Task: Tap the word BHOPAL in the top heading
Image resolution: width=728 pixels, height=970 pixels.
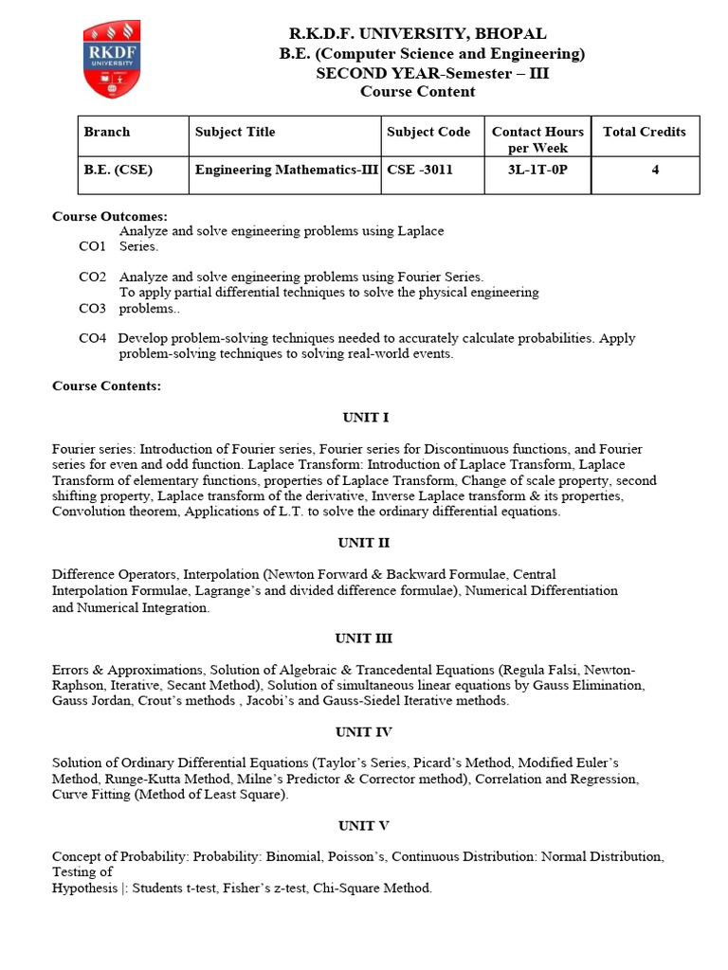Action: click(x=513, y=34)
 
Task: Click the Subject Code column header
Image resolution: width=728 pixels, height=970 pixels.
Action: click(x=428, y=132)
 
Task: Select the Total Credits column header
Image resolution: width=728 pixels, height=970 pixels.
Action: click(x=645, y=132)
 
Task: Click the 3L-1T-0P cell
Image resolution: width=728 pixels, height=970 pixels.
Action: click(x=537, y=171)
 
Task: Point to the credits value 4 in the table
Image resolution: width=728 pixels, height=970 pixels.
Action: click(x=655, y=171)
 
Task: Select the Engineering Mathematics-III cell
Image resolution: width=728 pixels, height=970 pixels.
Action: click(x=287, y=171)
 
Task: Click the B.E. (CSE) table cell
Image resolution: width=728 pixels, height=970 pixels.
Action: click(x=118, y=171)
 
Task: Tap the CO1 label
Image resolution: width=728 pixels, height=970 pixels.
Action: click(x=92, y=245)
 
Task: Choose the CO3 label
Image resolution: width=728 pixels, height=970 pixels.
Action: click(x=92, y=308)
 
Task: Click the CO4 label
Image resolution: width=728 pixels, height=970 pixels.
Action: click(x=92, y=338)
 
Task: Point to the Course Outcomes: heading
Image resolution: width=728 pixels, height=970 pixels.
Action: click(x=110, y=217)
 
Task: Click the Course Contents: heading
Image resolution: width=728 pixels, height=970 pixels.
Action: click(x=106, y=386)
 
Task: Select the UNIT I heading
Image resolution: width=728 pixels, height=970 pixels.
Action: click(x=365, y=417)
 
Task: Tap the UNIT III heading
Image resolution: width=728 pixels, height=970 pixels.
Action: click(x=363, y=638)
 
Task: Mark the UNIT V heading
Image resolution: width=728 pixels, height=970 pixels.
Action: click(x=363, y=825)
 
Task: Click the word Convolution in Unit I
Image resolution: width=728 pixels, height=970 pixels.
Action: click(x=86, y=512)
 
